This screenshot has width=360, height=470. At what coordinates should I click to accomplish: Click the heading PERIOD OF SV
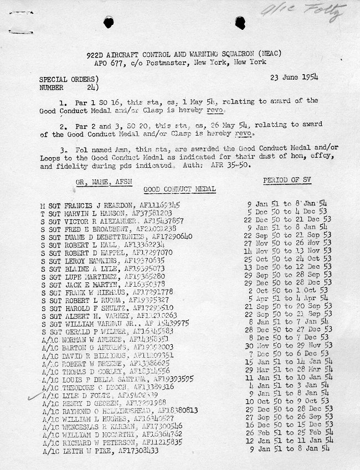pos(283,180)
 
